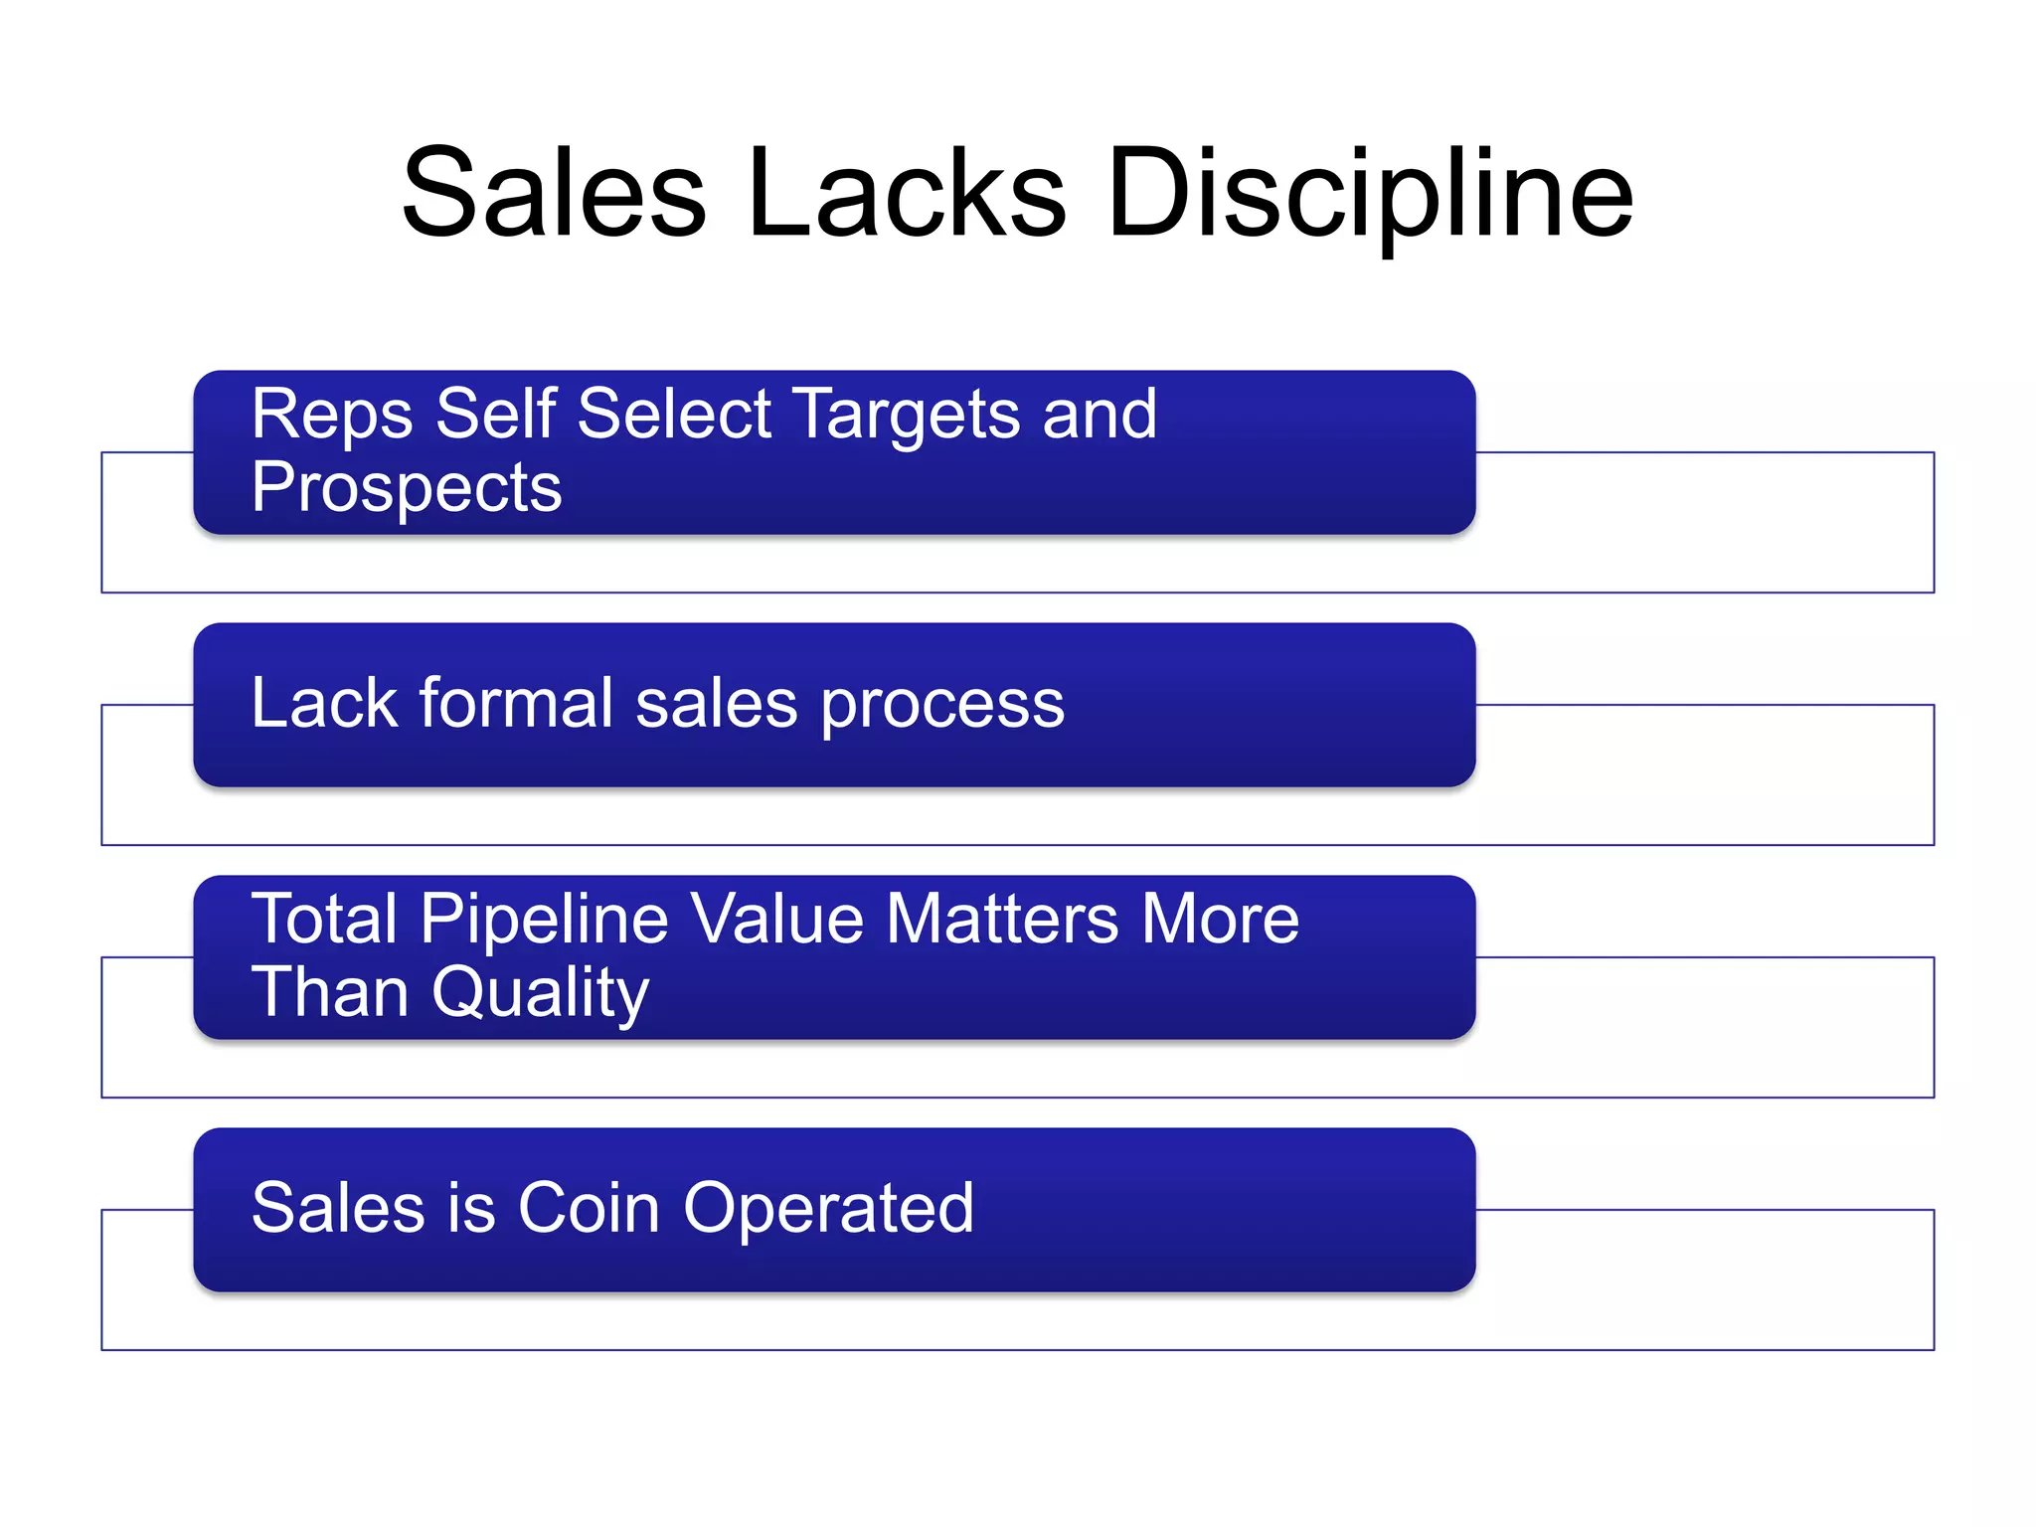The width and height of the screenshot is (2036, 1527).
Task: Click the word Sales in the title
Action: (x=554, y=193)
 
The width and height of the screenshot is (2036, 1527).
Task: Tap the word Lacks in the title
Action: (x=907, y=193)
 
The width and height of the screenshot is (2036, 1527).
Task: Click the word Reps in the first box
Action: (x=331, y=416)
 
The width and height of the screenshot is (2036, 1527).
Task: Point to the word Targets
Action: (x=907, y=416)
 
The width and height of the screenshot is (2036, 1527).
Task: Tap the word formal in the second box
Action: (x=516, y=704)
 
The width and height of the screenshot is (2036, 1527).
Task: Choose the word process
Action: (x=942, y=706)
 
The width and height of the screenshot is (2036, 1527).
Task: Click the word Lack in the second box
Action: (x=324, y=704)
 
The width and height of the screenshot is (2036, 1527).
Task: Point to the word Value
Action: (x=776, y=919)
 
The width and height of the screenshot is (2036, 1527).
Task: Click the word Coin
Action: (x=589, y=1209)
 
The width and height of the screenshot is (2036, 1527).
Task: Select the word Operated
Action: (x=828, y=1211)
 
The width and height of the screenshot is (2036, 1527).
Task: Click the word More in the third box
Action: (x=1220, y=919)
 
